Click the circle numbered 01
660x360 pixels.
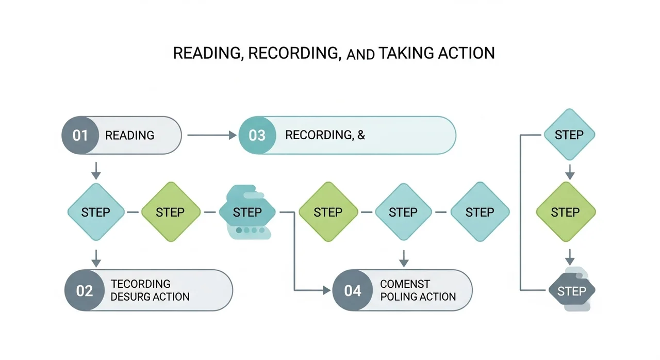click(x=80, y=135)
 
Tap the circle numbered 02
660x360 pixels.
click(x=85, y=290)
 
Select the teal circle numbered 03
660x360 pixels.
click(x=257, y=135)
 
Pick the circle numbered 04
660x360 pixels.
click(x=353, y=290)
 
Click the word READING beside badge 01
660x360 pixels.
click(x=129, y=136)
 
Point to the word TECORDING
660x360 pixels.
click(x=141, y=284)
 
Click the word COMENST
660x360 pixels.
click(x=405, y=284)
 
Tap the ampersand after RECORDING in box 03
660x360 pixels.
click(x=361, y=135)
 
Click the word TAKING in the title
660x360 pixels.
click(x=406, y=53)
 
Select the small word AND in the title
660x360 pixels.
click(x=360, y=55)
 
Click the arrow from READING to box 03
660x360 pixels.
click(x=212, y=135)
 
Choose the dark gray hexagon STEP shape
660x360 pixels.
click(x=572, y=290)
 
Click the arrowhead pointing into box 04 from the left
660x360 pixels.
click(x=327, y=290)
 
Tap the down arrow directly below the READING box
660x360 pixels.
click(x=96, y=171)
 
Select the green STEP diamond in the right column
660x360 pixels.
click(x=566, y=212)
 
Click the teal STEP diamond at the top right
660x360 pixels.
click(x=569, y=135)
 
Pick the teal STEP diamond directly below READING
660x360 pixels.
click(x=96, y=212)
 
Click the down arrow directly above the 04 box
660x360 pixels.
click(x=404, y=259)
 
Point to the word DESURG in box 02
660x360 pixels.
click(x=129, y=297)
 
